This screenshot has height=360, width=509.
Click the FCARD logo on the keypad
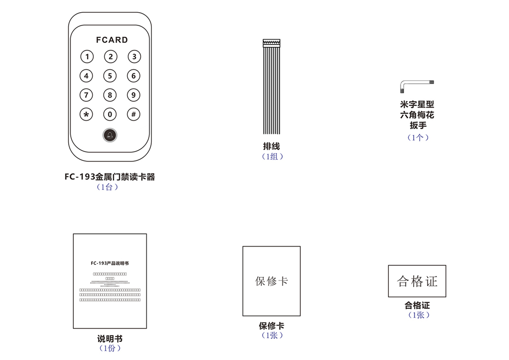click(x=111, y=40)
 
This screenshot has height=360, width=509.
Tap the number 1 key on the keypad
click(x=87, y=57)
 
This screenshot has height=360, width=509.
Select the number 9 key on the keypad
click(x=133, y=95)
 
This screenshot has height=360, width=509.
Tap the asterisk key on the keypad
click(x=87, y=114)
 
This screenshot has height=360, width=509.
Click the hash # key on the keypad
click(x=133, y=114)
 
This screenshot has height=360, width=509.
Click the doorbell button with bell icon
click(x=110, y=135)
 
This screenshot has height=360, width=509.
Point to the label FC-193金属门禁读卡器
click(x=109, y=177)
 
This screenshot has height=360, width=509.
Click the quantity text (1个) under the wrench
click(x=418, y=137)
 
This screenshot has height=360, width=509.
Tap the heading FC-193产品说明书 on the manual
click(x=109, y=263)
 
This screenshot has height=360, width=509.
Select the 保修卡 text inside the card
click(x=271, y=281)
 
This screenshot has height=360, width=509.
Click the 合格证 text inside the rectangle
click(x=417, y=281)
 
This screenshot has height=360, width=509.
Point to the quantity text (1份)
click(x=109, y=348)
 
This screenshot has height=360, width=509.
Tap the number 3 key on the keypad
click(x=133, y=57)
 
